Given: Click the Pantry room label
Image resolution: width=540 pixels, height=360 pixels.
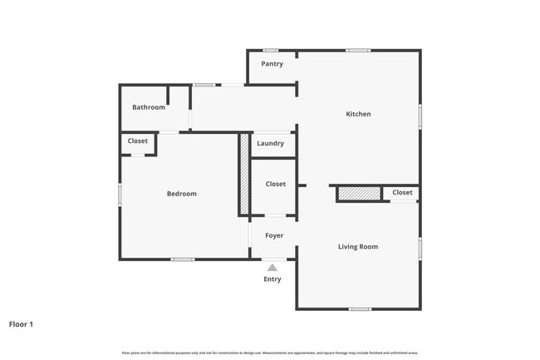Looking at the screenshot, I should pos(272,64).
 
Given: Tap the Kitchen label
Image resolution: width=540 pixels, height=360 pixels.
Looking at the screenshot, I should pos(358,114).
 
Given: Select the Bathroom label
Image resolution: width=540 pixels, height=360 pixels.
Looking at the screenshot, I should pos(149,107).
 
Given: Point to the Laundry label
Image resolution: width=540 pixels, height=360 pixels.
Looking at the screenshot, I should pos(270,144).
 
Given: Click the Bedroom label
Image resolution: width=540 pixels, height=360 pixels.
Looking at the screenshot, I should pos(181,194).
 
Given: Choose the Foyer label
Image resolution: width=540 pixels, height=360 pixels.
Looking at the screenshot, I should pos(274,236).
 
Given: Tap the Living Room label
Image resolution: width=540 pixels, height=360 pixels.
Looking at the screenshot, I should pos(358,247).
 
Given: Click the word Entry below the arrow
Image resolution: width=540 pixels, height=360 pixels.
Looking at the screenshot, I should pos(272,279).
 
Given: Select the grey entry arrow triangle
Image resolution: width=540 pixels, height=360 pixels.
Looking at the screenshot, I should pos(272,268).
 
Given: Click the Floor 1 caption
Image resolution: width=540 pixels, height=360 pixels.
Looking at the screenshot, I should pos(21,324).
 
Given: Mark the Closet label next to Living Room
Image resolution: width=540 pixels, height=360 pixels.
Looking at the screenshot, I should pos(402,193).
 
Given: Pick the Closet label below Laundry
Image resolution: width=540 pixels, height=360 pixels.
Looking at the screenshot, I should pos(275,184).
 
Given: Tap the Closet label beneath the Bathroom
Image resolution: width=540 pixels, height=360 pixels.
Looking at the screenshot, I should pos(138,141).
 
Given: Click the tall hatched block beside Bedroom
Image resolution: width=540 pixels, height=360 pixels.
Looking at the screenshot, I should pos(244,174).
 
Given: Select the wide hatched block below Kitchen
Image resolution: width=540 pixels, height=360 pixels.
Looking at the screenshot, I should pos(359,194).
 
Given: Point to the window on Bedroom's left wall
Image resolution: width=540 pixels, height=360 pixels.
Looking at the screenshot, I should pos(120,195).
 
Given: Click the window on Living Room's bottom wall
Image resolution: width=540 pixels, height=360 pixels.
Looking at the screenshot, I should pos(359,309).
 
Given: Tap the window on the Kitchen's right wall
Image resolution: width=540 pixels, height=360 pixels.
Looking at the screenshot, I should pos(420,116).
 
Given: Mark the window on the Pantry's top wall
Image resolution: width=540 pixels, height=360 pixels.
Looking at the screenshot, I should pos(271,51).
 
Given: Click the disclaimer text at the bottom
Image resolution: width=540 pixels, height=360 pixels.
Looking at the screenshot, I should pos(270,353).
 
